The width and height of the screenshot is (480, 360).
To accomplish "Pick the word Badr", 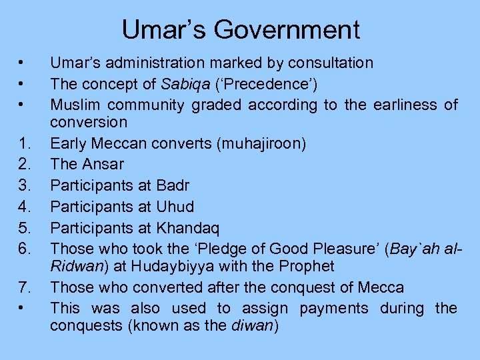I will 172,185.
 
